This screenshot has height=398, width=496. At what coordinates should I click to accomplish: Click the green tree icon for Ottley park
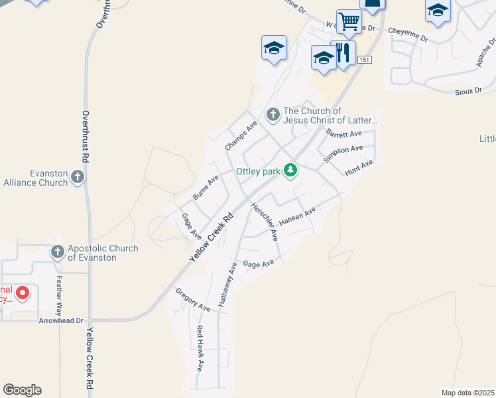pyautogui.click(x=290, y=171)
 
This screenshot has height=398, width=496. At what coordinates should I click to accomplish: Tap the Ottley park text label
pyautogui.click(x=259, y=172)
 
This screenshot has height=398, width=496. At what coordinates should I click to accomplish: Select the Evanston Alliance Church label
pyautogui.click(x=36, y=178)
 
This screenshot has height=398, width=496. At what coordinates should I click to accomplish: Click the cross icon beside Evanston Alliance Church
pyautogui.click(x=78, y=177)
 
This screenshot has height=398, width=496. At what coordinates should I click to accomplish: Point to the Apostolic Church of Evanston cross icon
pyautogui.click(x=57, y=252)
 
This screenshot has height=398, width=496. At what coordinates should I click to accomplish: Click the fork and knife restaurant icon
pyautogui.click(x=343, y=54)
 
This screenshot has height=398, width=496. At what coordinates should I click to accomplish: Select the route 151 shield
pyautogui.click(x=364, y=60)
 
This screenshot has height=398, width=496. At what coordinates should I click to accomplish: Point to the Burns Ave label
pyautogui.click(x=206, y=188)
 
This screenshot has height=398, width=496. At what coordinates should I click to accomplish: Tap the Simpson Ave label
pyautogui.click(x=343, y=154)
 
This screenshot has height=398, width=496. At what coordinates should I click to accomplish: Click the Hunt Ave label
pyautogui.click(x=359, y=168)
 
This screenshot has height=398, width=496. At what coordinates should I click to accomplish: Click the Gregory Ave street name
pyautogui.click(x=192, y=300)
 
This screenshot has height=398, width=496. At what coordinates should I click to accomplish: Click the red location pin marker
pyautogui.click(x=22, y=293)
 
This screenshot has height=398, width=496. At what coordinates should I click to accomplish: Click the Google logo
pyautogui.click(x=22, y=390)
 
